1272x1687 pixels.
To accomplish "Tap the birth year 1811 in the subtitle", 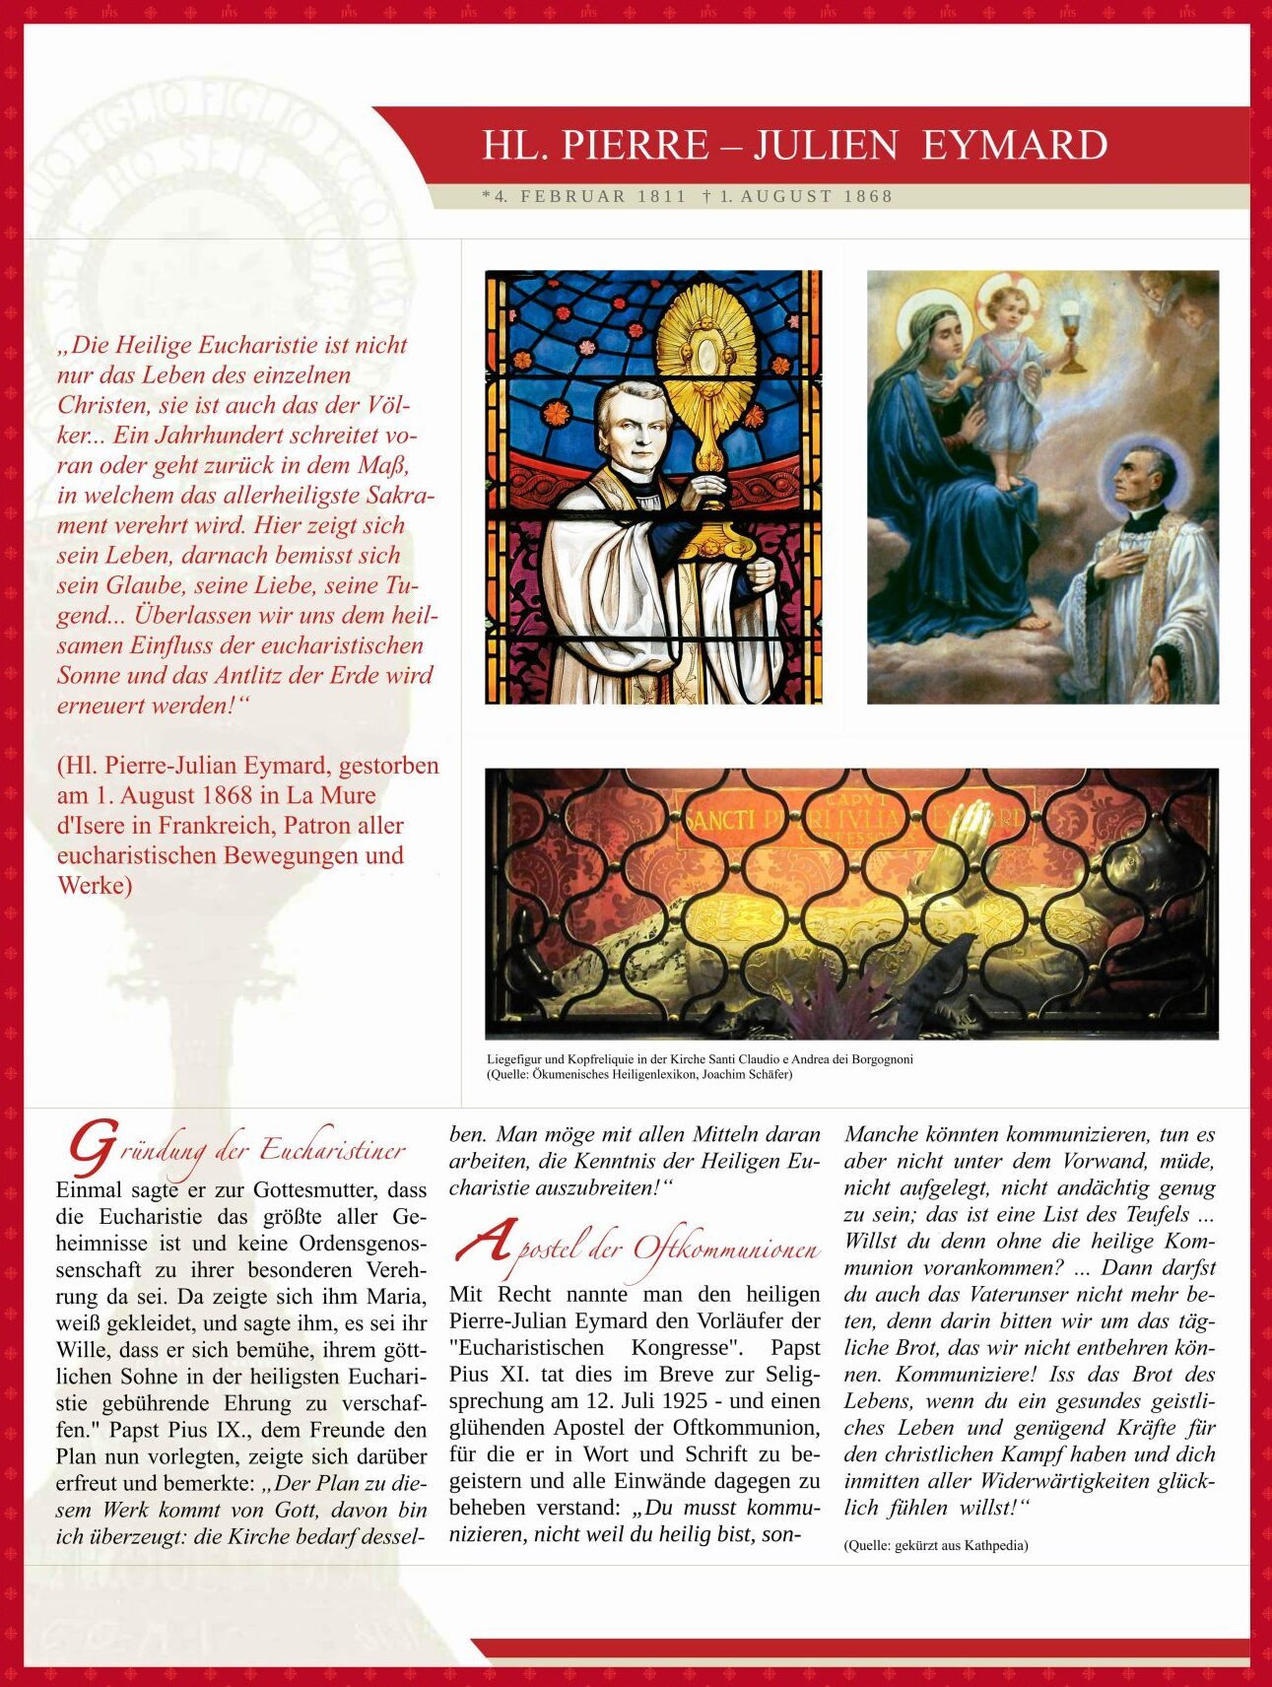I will (661, 196).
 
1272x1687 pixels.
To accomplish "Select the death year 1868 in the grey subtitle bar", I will (868, 196).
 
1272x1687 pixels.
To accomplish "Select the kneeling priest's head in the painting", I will (1142, 482).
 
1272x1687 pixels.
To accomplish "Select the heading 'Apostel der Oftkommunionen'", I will (636, 1248).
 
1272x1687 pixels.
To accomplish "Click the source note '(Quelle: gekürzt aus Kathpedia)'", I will (936, 1545).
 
